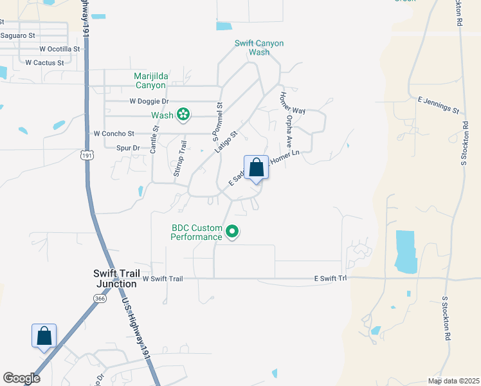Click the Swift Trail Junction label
tap(116, 278)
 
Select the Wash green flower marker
tap(183, 115)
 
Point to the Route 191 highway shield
tap(87, 154)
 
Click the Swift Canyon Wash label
tap(259, 48)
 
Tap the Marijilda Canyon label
tap(150, 80)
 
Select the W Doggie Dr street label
tap(149, 101)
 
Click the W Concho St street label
tap(113, 134)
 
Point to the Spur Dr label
tap(127, 148)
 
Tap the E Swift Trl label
tap(330, 279)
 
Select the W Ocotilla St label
tap(59, 48)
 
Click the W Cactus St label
tap(44, 62)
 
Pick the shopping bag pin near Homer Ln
tap(256, 168)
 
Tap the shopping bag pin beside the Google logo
tap(44, 336)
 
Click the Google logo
tap(21, 378)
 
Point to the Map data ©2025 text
tap(453, 381)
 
